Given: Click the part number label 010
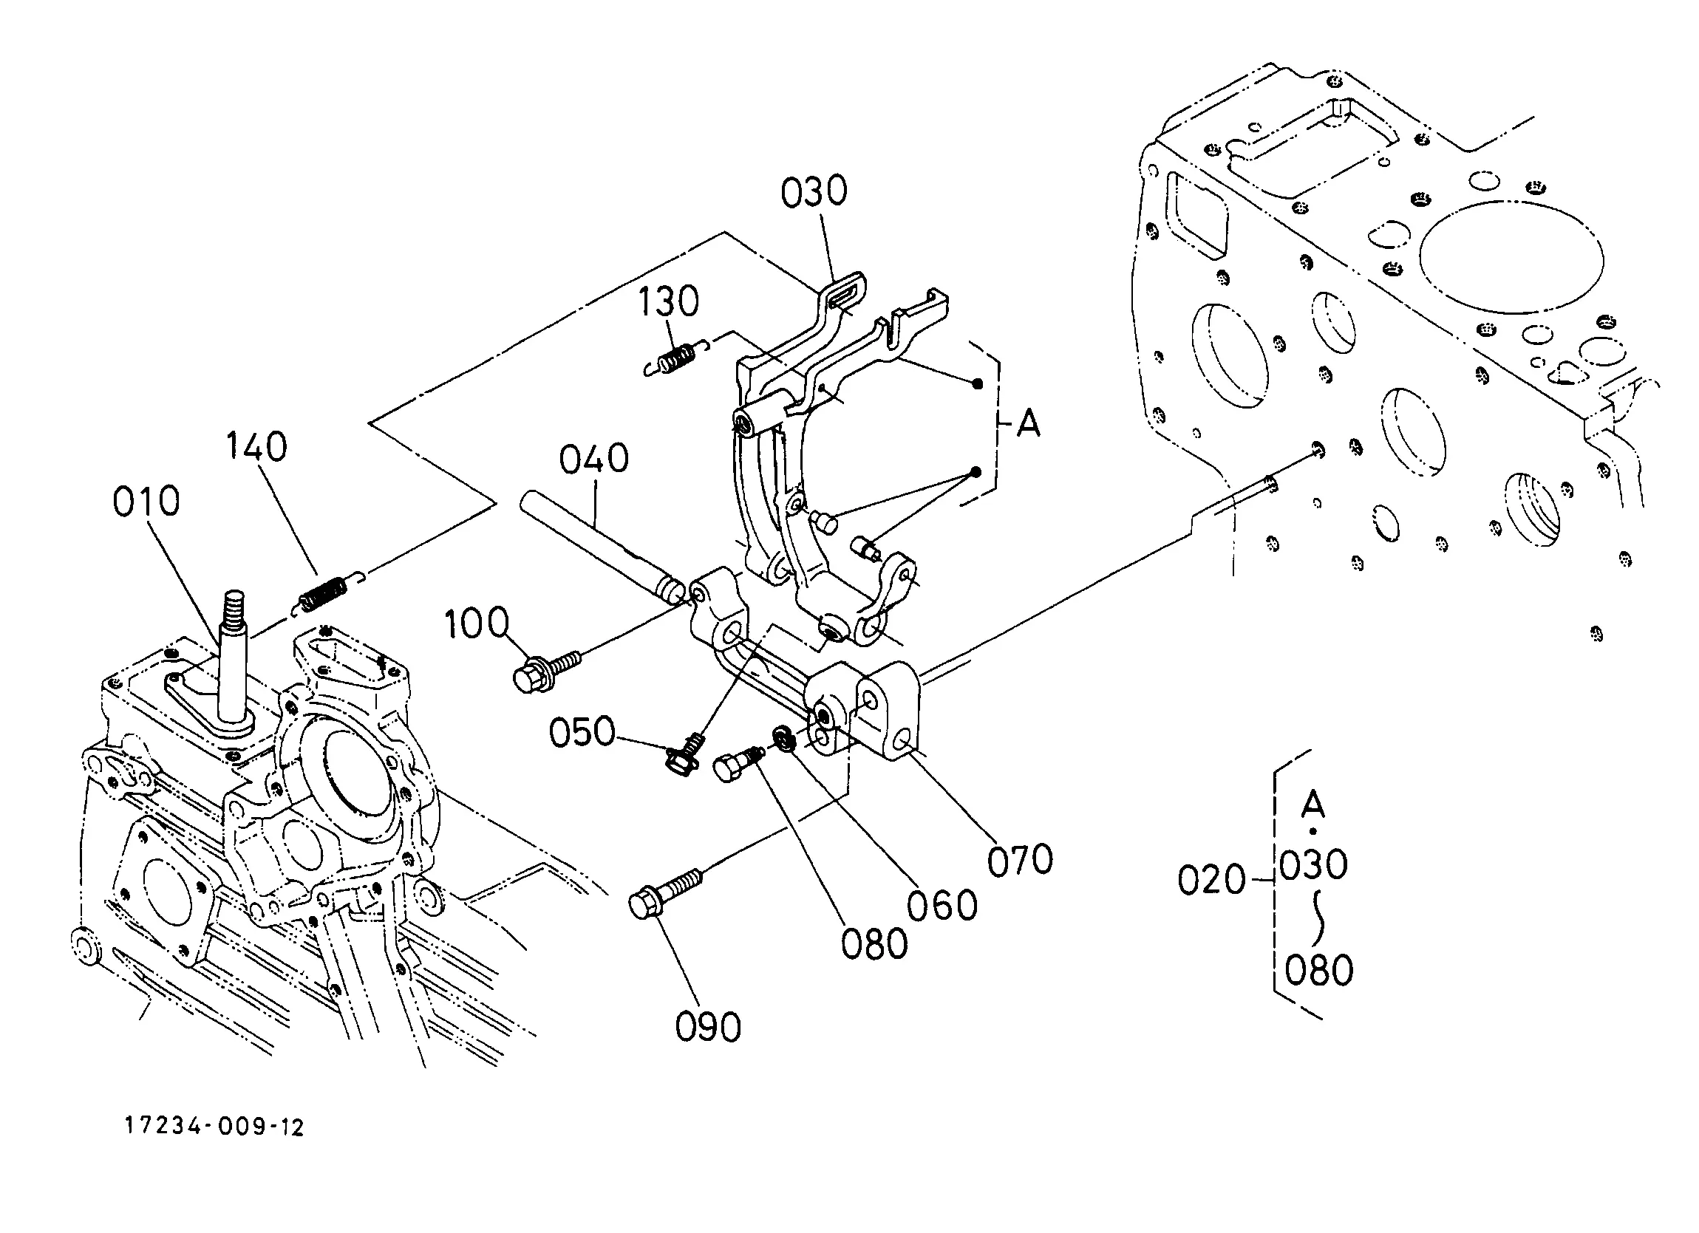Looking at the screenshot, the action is (147, 502).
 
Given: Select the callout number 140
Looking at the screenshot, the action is (257, 447).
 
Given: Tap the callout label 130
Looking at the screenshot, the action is (669, 302).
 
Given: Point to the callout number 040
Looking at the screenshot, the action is (594, 459).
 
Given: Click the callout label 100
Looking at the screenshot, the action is (477, 624).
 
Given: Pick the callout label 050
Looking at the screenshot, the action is (582, 732).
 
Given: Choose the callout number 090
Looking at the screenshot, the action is (709, 1026).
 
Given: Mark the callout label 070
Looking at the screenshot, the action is (1021, 860).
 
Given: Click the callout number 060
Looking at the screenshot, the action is (942, 905).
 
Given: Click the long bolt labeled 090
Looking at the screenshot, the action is (666, 894).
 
